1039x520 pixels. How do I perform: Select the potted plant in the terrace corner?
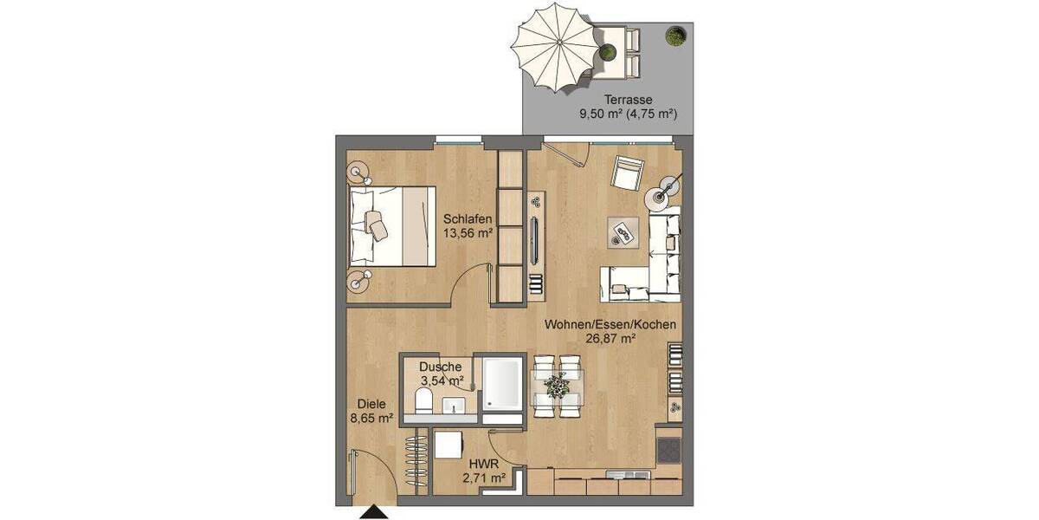(x=673, y=36)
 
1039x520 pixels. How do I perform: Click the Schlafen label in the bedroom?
(x=468, y=219)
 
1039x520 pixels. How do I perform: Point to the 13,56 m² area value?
(x=468, y=232)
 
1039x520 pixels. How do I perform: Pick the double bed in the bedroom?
(x=391, y=225)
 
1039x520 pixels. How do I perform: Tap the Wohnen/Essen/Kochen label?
(x=610, y=325)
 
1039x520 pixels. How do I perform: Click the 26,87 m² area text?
(x=610, y=339)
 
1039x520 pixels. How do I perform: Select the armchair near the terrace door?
(x=627, y=173)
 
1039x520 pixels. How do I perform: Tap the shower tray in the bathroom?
(x=502, y=385)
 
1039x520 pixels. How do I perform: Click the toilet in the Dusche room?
(x=424, y=400)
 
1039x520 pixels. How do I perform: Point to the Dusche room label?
(x=441, y=367)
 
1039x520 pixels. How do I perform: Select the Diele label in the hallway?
(x=373, y=404)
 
